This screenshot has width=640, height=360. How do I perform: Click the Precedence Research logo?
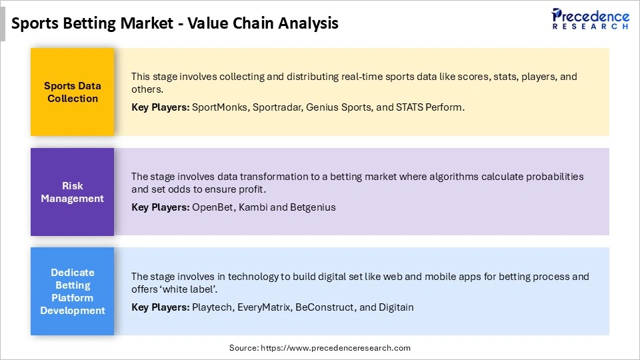(x=590, y=19)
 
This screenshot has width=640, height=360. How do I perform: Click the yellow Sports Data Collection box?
(x=72, y=92)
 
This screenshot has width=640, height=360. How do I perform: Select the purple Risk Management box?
(x=72, y=192)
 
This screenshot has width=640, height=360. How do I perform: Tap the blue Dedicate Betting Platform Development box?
(x=72, y=291)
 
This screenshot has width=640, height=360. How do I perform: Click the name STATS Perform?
(x=430, y=107)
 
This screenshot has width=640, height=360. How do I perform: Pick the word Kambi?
(x=252, y=207)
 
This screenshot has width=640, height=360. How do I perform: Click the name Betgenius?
(x=313, y=207)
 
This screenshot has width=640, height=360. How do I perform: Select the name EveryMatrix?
(x=264, y=307)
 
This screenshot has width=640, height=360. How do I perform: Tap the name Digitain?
(x=396, y=307)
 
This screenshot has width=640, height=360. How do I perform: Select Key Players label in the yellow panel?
(x=160, y=107)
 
